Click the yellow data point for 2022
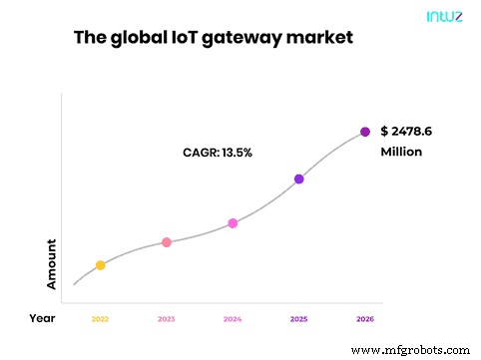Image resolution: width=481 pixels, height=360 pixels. pos(100,265)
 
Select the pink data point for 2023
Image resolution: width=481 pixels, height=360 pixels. pos(167,242)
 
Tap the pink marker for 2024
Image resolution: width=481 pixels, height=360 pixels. pos(233,223)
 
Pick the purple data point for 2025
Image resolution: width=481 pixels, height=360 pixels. pos(298,180)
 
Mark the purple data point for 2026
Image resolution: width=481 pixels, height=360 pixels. pos(365,132)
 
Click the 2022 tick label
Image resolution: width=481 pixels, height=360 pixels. pos(100,319)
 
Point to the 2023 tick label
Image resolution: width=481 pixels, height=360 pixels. pos(167,319)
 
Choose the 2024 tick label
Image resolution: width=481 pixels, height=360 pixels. pos(233,319)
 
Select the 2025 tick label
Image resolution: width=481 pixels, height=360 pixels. pos(298,319)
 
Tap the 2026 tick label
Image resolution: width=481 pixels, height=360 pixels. pos(365,319)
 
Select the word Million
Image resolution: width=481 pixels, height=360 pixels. pos(401,153)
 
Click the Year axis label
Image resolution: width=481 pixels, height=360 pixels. pos(43,319)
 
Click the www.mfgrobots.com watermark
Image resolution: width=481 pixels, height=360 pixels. pos(410,350)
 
